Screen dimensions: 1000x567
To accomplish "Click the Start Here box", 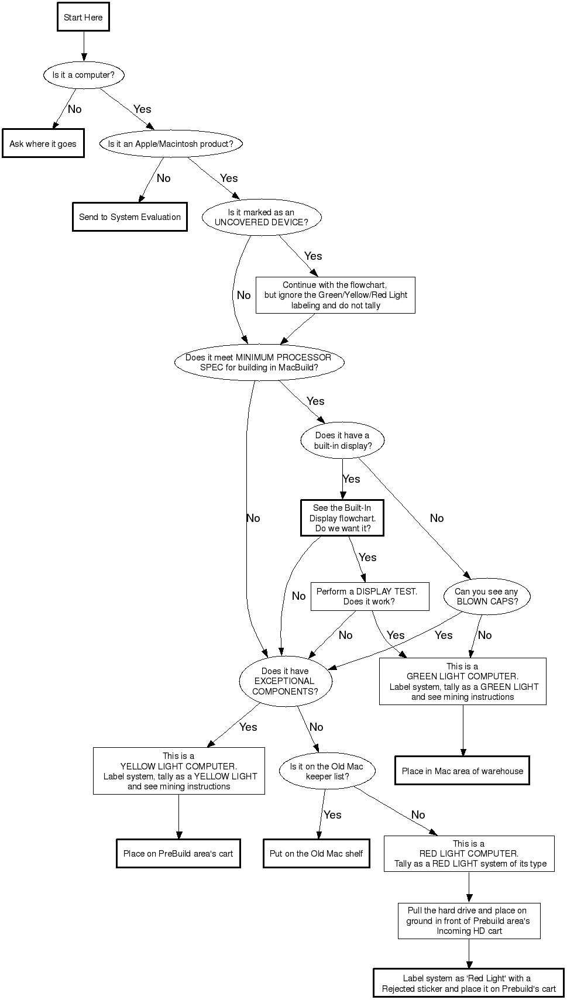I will (83, 18).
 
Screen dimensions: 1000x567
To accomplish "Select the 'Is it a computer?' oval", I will (83, 75).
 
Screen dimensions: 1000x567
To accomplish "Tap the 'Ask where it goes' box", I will (43, 144).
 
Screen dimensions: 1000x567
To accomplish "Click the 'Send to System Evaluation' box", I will (130, 217).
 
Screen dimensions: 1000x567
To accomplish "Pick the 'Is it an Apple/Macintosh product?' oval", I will (170, 144).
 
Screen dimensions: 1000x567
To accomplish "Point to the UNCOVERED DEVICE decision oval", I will (261, 218).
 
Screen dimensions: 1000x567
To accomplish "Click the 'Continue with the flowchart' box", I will (335, 295).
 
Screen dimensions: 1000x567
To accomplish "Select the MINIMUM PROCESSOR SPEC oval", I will (259, 362).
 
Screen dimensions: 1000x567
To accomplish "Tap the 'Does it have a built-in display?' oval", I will (342, 441).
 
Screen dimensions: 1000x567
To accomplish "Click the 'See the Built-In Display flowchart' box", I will (342, 518).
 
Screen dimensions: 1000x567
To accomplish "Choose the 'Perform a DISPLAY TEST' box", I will (369, 596).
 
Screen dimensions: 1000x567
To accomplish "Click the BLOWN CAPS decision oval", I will (487, 596).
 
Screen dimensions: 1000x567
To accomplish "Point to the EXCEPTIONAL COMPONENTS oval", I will (285, 681).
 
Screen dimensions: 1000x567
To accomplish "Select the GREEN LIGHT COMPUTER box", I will (462, 682).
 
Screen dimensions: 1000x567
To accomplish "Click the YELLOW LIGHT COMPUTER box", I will (178, 771).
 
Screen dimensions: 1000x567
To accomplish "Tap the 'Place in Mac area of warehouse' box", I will (462, 771).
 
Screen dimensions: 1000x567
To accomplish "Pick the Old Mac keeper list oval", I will (327, 771).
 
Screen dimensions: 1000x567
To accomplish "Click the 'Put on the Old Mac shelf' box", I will (316, 854).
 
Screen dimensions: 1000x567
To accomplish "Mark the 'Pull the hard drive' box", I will (469, 921).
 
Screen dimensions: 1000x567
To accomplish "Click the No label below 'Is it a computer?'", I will (75, 109).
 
